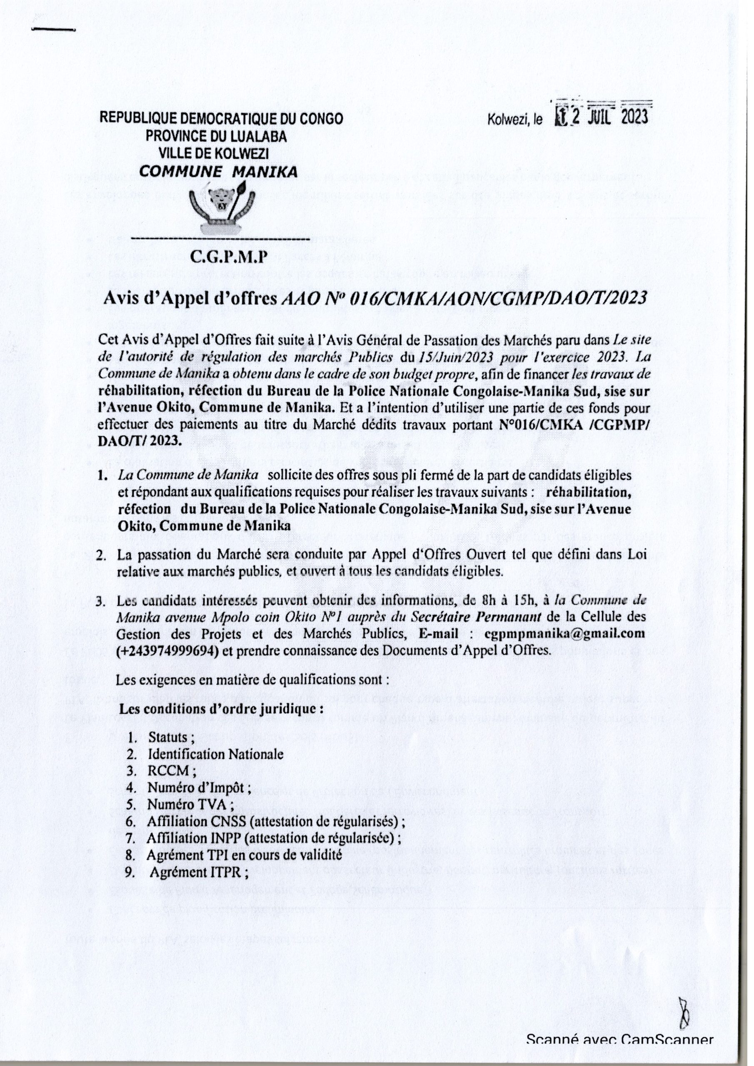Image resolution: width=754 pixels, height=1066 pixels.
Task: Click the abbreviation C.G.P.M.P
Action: [222, 256]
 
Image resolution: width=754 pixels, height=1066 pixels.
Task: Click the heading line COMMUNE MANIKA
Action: [218, 172]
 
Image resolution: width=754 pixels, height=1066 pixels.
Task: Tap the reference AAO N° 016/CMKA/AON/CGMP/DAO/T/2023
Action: [465, 298]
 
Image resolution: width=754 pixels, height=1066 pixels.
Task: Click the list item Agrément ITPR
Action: [200, 872]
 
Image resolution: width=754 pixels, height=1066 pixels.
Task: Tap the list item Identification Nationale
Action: [215, 754]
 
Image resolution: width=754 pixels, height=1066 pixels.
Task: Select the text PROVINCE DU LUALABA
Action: [217, 136]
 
